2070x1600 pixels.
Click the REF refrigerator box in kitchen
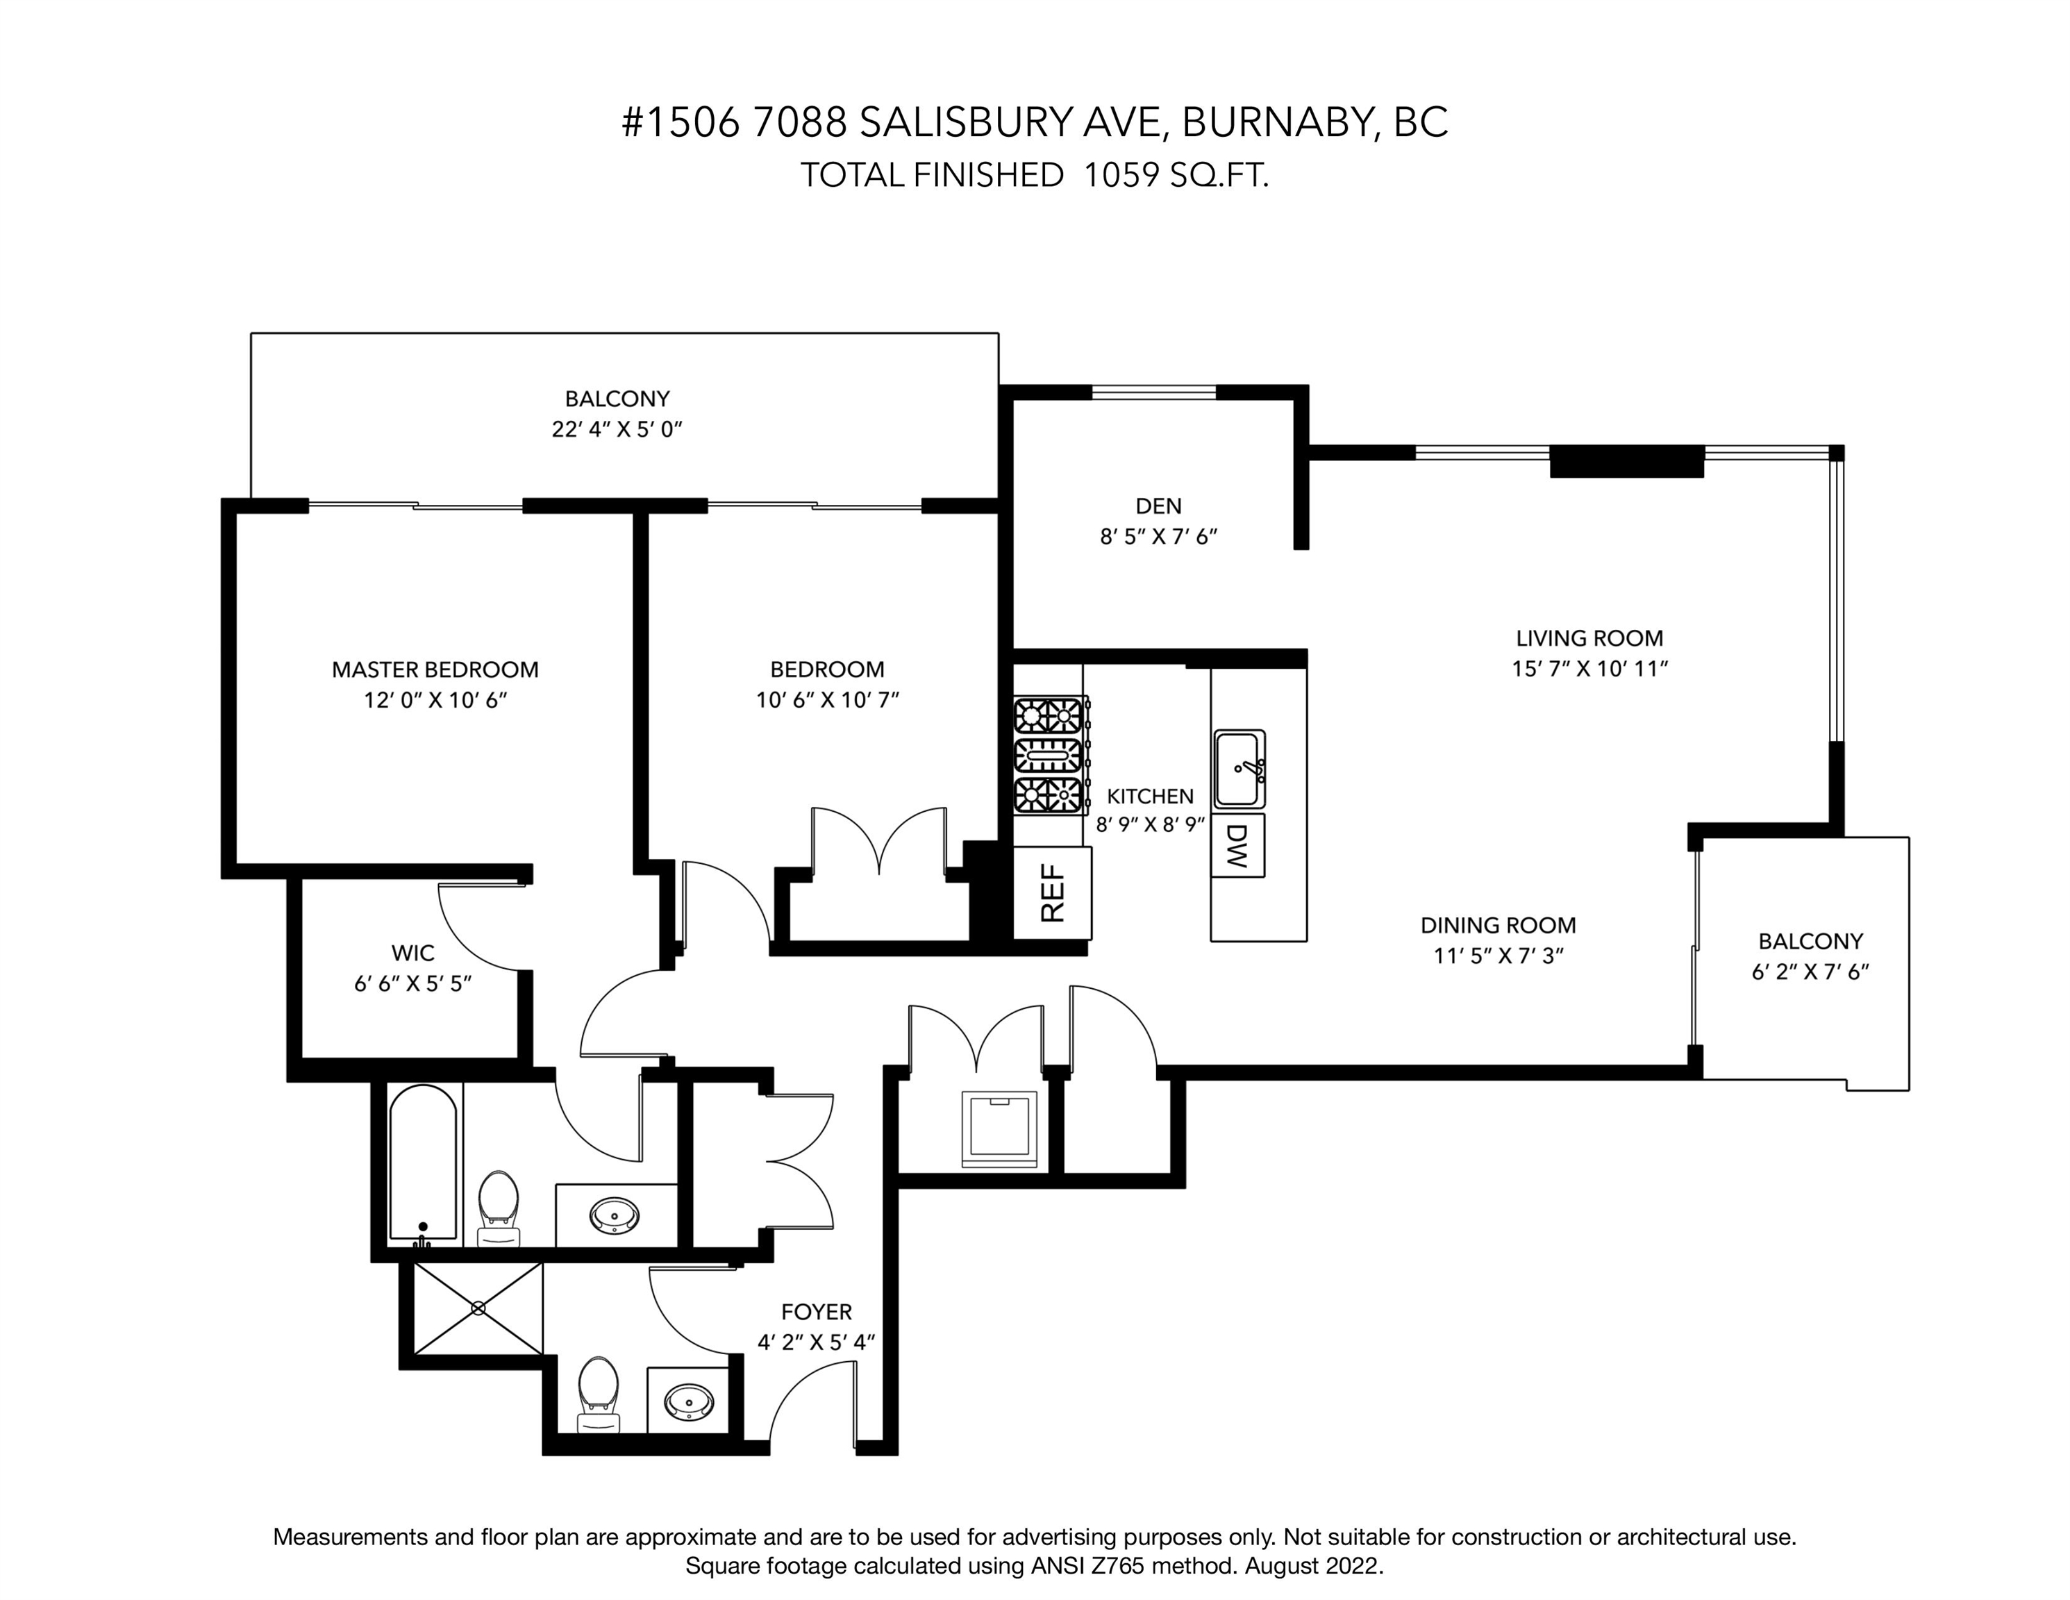pyautogui.click(x=1052, y=893)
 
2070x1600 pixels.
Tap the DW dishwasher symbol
pyautogui.click(x=1237, y=846)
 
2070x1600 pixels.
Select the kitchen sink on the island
pyautogui.click(x=1239, y=769)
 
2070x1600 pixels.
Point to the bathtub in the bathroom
pyautogui.click(x=424, y=1164)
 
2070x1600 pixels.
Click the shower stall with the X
pyautogui.click(x=478, y=1308)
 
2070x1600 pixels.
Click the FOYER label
pyautogui.click(x=816, y=1312)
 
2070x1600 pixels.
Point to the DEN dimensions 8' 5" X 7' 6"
pyautogui.click(x=1158, y=537)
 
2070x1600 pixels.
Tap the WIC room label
pyautogui.click(x=413, y=953)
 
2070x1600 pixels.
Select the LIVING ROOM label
pyautogui.click(x=1589, y=638)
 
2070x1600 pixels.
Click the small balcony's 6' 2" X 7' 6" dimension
pyautogui.click(x=1810, y=972)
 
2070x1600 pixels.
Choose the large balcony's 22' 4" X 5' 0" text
pyautogui.click(x=617, y=429)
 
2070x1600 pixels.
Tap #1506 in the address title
pyautogui.click(x=680, y=122)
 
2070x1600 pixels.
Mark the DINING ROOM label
pyautogui.click(x=1498, y=925)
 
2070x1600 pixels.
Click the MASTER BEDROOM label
pyautogui.click(x=435, y=669)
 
